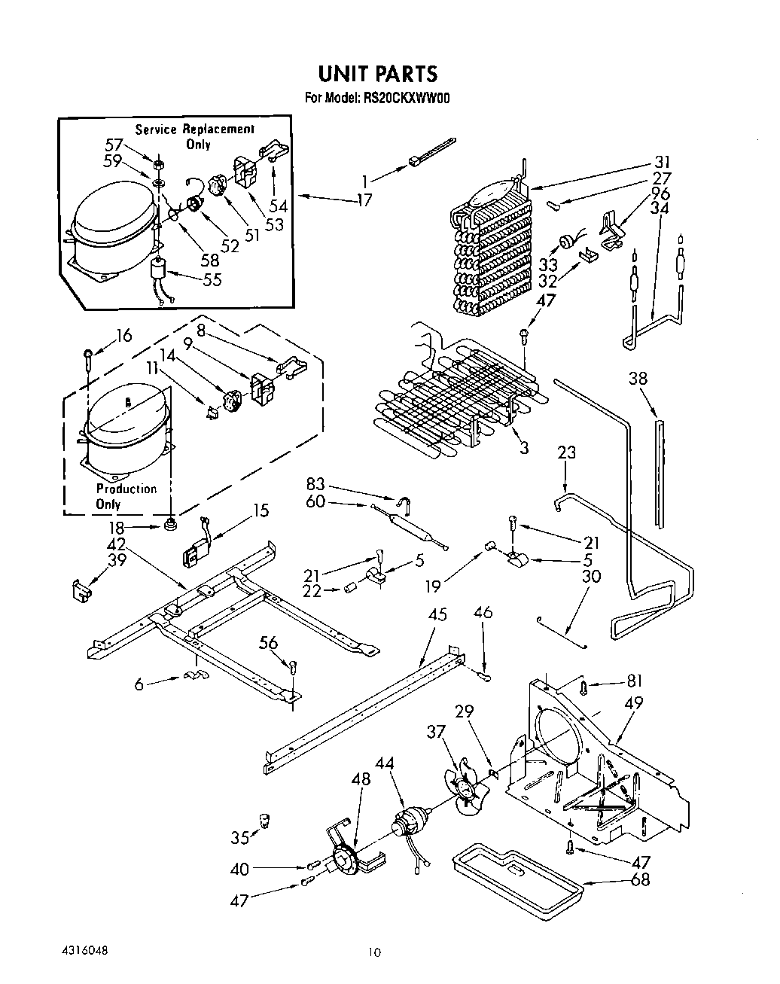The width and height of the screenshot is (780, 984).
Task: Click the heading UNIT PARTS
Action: coord(378,74)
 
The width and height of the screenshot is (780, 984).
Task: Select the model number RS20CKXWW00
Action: coord(407,99)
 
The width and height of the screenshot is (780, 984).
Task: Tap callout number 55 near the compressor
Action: coord(212,279)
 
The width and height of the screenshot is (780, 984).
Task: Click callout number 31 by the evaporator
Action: coord(662,162)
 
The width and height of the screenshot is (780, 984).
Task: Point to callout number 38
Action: coord(638,378)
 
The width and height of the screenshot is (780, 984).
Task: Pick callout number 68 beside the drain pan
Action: coord(640,879)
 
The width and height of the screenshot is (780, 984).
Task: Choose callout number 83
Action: coord(315,484)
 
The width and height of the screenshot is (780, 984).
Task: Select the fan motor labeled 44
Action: coord(410,820)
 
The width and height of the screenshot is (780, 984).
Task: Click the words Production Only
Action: coord(126,497)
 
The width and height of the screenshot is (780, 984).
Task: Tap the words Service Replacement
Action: coord(194,129)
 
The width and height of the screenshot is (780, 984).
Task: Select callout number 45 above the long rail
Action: coord(437,614)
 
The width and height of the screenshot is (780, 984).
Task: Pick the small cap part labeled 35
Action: coord(264,820)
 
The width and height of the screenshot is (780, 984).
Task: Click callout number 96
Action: coord(660,193)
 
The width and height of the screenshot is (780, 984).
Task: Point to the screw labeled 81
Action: coord(583,687)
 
